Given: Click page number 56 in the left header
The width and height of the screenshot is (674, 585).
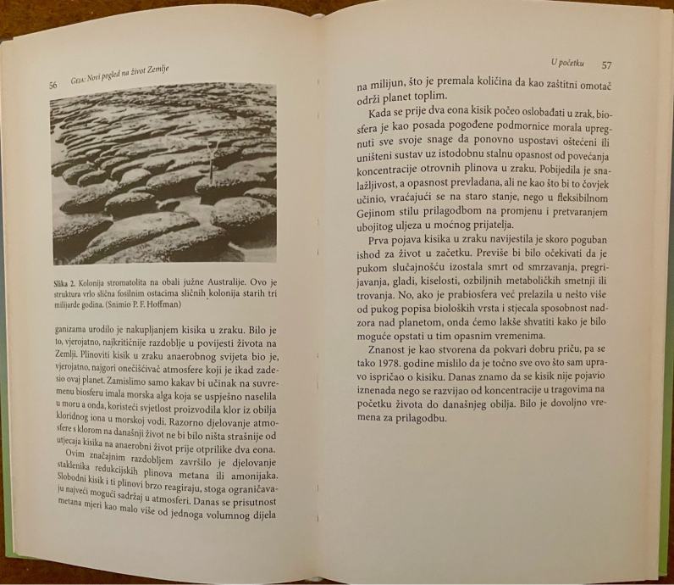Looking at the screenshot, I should coord(53,86).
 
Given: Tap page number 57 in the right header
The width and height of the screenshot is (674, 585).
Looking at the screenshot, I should coord(606,64).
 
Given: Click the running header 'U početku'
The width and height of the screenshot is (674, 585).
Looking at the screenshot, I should coord(568,64).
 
